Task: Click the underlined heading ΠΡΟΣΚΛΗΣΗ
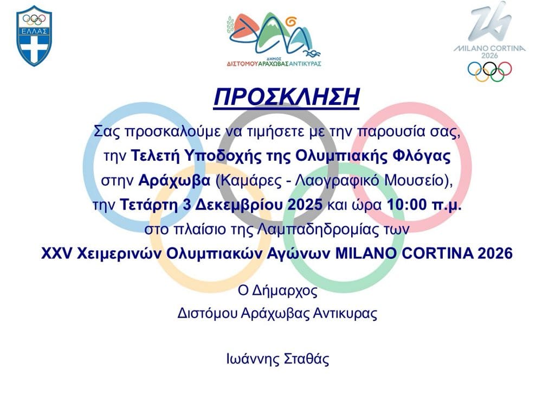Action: pyautogui.click(x=286, y=97)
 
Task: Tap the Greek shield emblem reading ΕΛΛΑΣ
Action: pyautogui.click(x=34, y=36)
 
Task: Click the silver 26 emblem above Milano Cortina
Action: pyautogui.click(x=490, y=22)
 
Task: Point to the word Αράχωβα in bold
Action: pyautogui.click(x=174, y=180)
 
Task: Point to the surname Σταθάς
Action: pyautogui.click(x=307, y=359)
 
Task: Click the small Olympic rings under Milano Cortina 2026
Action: pyautogui.click(x=489, y=72)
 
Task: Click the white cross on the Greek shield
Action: pyautogui.click(x=34, y=48)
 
